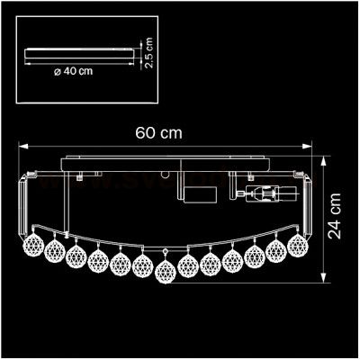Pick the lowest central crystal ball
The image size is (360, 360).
coord(165,270)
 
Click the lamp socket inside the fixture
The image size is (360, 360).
coord(265,193)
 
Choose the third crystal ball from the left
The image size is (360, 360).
coord(76,256)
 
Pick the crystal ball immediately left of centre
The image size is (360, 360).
coord(142,265)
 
